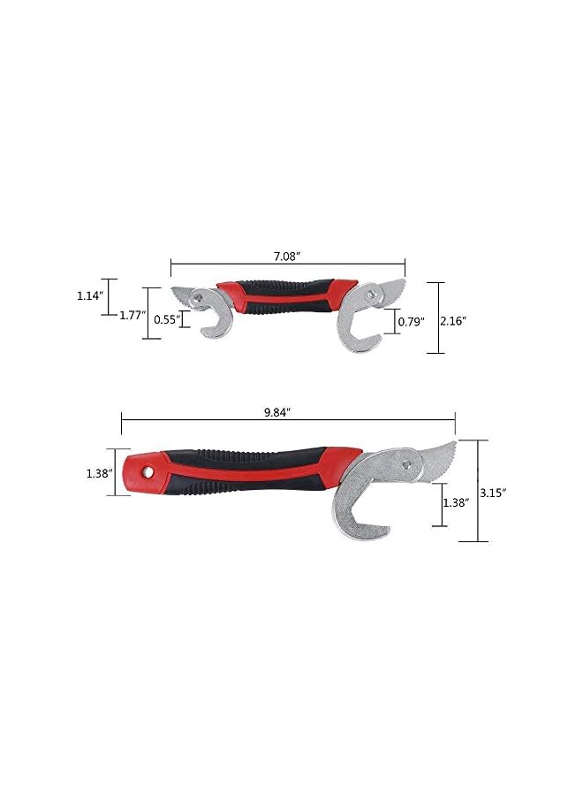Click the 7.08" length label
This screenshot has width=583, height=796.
coord(286,255)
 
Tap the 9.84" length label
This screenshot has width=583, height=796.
coord(276,412)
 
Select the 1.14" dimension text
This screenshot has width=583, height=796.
coord(89,295)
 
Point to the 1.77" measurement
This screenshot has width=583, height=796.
coord(132,315)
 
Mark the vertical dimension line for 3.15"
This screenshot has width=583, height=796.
coord(478,491)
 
